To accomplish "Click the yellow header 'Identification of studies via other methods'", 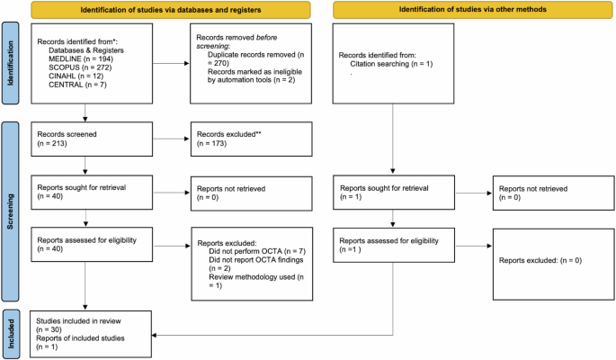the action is pos(473,9).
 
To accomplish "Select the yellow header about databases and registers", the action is pos(171,10).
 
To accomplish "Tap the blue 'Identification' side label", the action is pos(10,63).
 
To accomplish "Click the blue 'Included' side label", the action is pos(11,334).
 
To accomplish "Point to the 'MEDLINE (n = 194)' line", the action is pos(81,59).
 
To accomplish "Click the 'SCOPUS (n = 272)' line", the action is pos(80,67).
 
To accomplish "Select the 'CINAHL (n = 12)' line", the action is pos(76,76).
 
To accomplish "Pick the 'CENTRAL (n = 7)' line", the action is pos(77,85).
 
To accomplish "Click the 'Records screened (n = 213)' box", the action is pos(92,139).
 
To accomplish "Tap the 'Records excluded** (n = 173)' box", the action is pos(252,139).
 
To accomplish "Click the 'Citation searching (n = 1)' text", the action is pos(391,64).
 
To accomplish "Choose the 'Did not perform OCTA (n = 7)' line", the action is pos(257,251).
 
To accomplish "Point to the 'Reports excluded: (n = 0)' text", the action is pos(540,260).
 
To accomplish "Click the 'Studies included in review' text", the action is pos(78,321).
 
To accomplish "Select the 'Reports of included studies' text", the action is pos(80,338).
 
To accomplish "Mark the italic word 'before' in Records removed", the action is pos(267,38).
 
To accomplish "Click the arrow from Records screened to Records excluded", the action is pos(171,139).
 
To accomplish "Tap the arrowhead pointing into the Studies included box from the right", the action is pos(155,335).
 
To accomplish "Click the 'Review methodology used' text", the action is pos(252,277).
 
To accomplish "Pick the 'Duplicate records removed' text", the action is pos(252,55).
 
